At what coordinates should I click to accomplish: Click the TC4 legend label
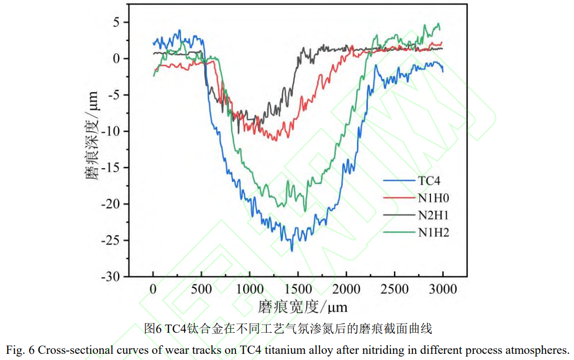click(x=429, y=180)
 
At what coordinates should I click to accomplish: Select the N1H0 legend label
click(x=433, y=197)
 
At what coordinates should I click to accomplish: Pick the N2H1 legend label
click(x=433, y=215)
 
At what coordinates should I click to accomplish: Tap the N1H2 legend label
click(x=433, y=232)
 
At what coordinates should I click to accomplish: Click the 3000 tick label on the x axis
click(x=442, y=289)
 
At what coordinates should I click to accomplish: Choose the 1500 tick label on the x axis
click(x=298, y=289)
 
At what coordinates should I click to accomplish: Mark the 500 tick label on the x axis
click(x=202, y=289)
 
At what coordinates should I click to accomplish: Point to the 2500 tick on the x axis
click(x=394, y=289)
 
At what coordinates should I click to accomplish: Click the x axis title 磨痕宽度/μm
click(x=303, y=307)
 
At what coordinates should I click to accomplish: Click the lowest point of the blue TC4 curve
click(x=292, y=251)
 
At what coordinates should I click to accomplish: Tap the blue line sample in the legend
click(x=399, y=180)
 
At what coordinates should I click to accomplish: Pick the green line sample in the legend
click(x=399, y=232)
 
